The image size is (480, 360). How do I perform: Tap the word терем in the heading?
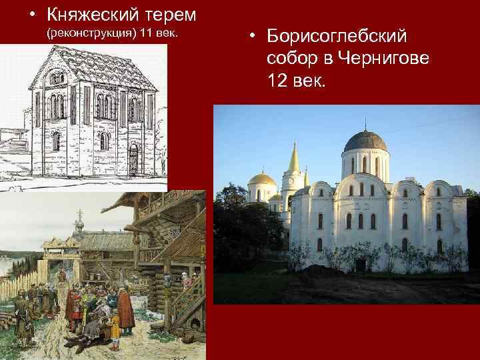(x=166, y=14)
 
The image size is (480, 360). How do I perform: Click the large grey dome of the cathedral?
(x=364, y=141)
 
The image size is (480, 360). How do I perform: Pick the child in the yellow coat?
(x=115, y=326)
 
